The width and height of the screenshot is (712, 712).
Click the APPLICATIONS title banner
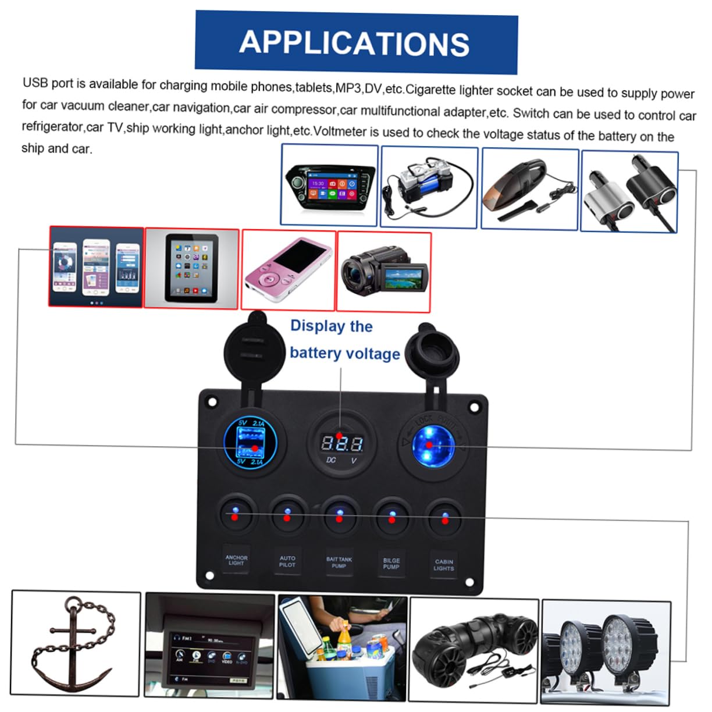[355, 43]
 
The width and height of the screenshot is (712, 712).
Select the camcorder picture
[384, 271]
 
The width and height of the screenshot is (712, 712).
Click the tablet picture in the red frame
[191, 268]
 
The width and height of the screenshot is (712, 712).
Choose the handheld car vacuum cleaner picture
[529, 188]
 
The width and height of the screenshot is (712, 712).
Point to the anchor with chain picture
[76, 643]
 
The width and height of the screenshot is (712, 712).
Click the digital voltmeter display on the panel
[342, 444]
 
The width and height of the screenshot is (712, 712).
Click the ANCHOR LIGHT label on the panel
[236, 560]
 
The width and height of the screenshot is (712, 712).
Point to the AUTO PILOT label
[287, 561]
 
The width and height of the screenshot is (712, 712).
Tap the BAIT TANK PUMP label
[339, 562]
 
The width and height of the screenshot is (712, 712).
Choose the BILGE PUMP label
[391, 564]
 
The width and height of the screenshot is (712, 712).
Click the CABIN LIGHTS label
[444, 565]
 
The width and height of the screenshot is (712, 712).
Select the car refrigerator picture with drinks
[343, 647]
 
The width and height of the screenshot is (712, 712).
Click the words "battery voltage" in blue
[344, 354]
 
